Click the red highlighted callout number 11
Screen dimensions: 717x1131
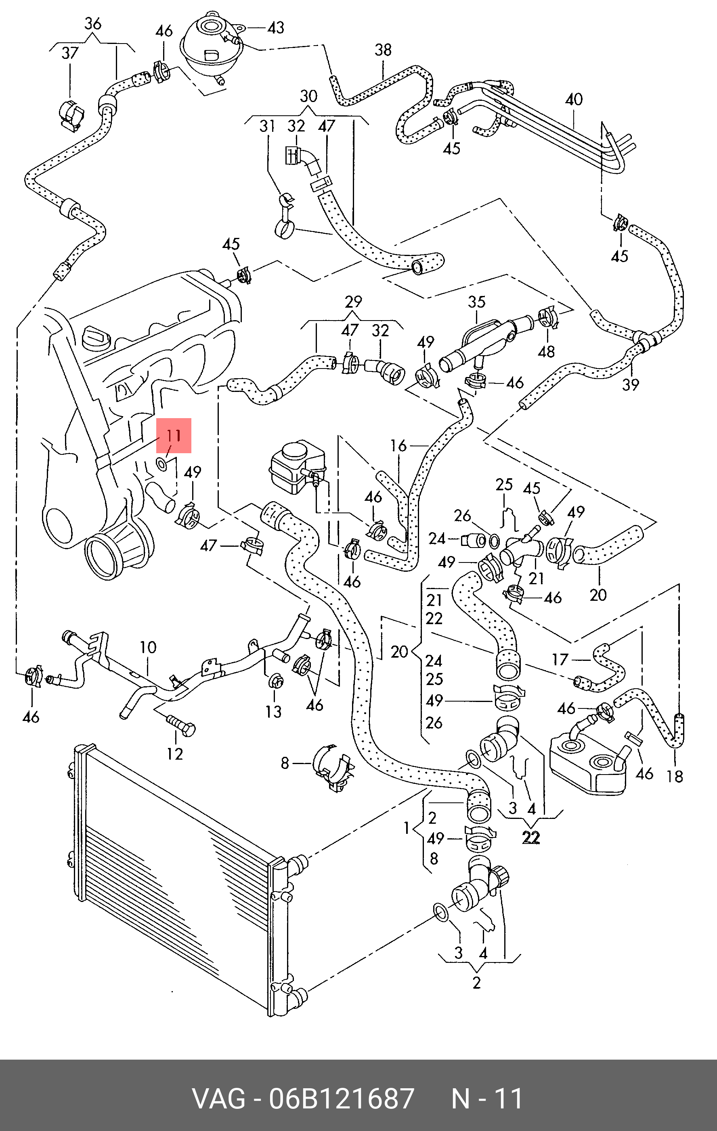pyautogui.click(x=174, y=435)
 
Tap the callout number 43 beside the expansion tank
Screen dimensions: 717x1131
pyautogui.click(x=275, y=28)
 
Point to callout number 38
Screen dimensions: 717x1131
pyautogui.click(x=383, y=50)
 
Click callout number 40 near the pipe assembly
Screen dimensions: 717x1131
pyautogui.click(x=574, y=99)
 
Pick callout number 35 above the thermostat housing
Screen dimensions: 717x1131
pyautogui.click(x=476, y=302)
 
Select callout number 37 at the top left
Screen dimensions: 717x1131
pyautogui.click(x=70, y=53)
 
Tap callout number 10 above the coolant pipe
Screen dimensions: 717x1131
pyautogui.click(x=148, y=647)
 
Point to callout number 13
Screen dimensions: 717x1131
pyautogui.click(x=273, y=712)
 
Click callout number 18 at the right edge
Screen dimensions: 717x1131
pyautogui.click(x=675, y=777)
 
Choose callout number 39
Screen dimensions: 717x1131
pyautogui.click(x=631, y=385)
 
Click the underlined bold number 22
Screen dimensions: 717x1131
pyautogui.click(x=531, y=837)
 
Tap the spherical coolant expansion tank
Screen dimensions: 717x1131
pyautogui.click(x=211, y=40)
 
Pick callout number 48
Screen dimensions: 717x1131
pyautogui.click(x=546, y=351)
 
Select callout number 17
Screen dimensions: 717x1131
pyautogui.click(x=560, y=659)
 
